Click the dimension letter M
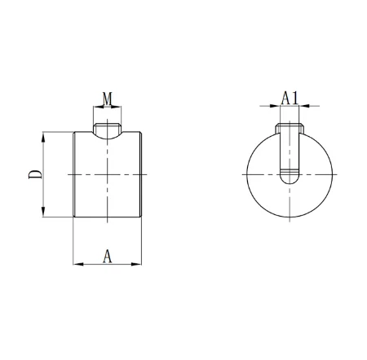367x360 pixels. pos(108,99)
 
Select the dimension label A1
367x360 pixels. pos(289,98)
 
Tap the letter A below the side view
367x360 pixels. pos(108,256)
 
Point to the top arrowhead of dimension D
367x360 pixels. pos(43,135)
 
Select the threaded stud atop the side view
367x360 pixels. pos(108,129)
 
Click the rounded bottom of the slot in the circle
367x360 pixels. pos(289,174)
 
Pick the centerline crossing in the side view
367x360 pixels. pos(108,175)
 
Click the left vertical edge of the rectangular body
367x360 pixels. pos(73,174)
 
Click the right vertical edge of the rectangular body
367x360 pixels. pos(144,174)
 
